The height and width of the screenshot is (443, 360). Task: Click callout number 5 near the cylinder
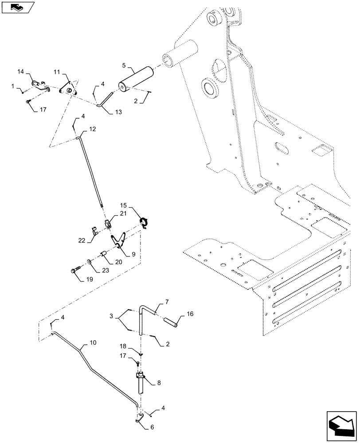tap(124, 65)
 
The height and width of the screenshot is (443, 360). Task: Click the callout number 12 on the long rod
tap(92, 129)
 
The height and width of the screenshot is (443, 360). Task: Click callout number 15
tap(123, 206)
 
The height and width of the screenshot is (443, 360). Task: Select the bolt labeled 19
tap(76, 270)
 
